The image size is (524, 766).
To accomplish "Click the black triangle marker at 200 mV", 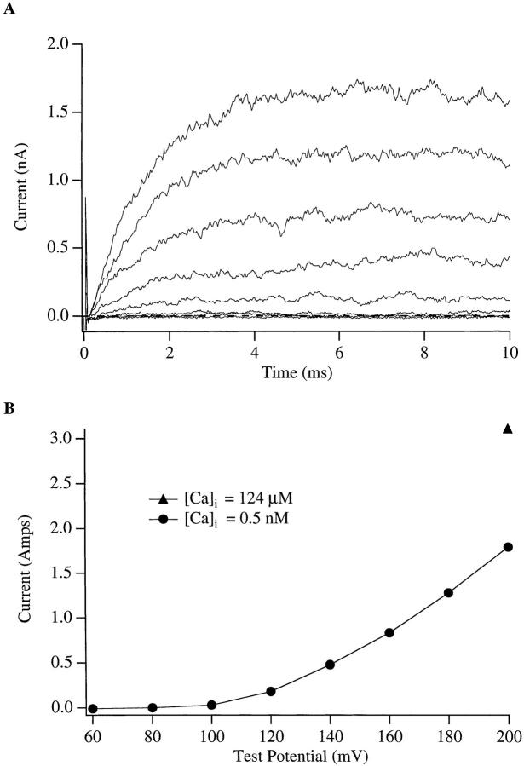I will pyautogui.click(x=508, y=429).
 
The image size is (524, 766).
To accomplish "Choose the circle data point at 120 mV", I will pyautogui.click(x=271, y=691).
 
